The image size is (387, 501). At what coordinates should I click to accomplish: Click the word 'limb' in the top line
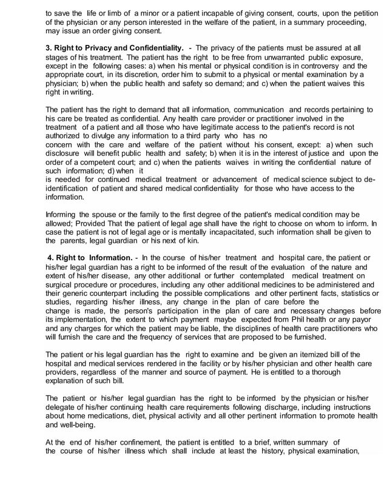click(x=112, y=12)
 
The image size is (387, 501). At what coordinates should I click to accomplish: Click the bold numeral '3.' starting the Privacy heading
click(x=50, y=47)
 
